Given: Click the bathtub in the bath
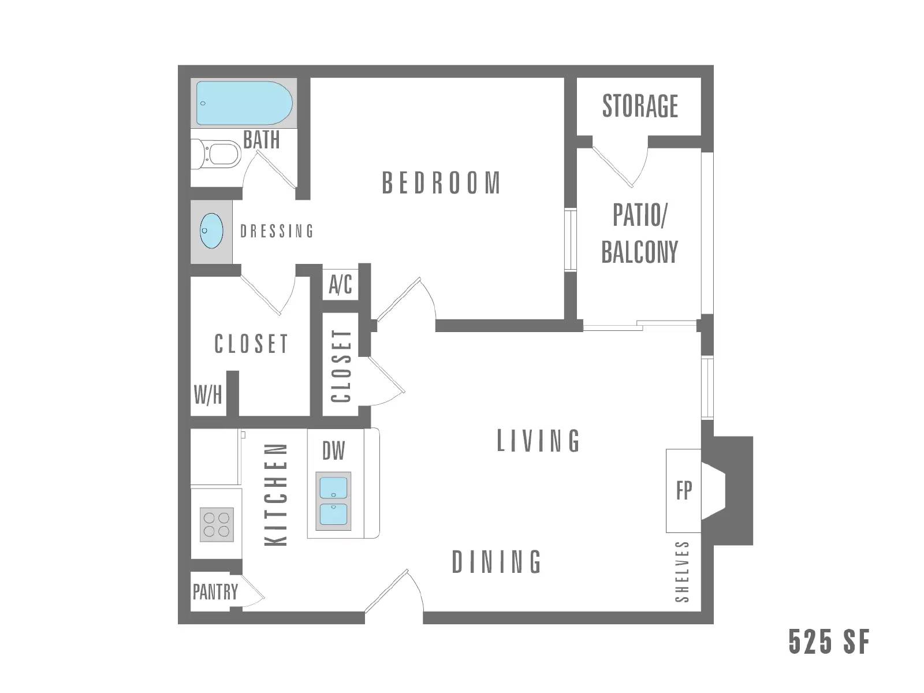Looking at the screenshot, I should [244, 103].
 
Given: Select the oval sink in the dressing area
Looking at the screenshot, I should [211, 231].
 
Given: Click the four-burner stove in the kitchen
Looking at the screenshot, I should [217, 524].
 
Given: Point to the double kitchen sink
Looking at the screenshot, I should [333, 501].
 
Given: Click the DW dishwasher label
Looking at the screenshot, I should [334, 451].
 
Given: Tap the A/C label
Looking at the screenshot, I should [340, 285].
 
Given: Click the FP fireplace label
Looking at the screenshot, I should [684, 490].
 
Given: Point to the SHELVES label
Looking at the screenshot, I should [682, 572].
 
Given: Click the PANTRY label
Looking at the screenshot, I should [215, 592].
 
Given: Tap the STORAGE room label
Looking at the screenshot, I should [640, 106].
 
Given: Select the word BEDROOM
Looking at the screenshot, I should [441, 183].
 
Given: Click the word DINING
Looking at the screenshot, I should [497, 562].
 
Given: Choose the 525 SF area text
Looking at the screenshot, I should [829, 642].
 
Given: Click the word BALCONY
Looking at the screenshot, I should [639, 252].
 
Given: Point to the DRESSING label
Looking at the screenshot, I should [277, 232].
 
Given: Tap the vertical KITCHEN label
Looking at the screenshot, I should [276, 494].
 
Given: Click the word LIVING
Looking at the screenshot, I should [538, 441].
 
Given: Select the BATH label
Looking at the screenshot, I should [261, 140].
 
